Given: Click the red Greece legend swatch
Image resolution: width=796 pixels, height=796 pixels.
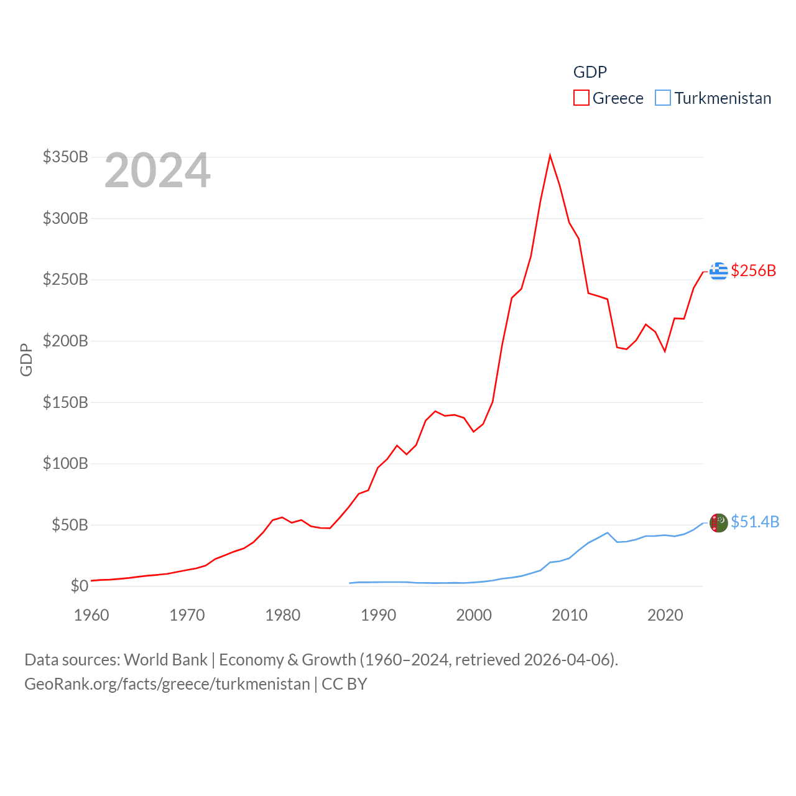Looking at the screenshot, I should coord(581,98).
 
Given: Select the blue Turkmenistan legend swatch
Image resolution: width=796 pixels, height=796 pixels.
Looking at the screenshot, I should coord(663,98).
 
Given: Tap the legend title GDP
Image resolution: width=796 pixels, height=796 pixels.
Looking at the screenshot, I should coord(590,72).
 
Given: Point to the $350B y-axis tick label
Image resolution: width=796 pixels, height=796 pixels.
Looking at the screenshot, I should coord(65,157).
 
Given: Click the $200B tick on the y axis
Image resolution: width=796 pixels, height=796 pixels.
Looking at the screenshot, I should coord(65,341).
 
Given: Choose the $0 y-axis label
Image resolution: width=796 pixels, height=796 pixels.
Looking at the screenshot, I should coord(79,586).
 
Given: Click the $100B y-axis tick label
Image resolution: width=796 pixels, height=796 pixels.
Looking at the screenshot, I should coord(65,463).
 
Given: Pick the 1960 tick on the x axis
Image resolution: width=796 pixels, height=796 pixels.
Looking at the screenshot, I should coord(91,615).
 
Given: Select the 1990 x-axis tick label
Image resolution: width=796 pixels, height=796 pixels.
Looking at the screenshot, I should coord(378,615).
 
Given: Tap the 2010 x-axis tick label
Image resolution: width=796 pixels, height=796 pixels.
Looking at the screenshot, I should coord(570,615).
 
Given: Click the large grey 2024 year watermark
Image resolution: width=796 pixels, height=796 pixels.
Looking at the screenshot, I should coord(157,170).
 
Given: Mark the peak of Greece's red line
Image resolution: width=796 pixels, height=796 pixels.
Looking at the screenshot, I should coord(550,155).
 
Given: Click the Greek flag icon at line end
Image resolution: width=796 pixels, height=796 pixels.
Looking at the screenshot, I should coord(718,271).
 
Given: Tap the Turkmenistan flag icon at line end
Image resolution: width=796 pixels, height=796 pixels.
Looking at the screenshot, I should coord(718,523).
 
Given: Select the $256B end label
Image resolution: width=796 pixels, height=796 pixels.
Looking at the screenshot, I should coord(754,271).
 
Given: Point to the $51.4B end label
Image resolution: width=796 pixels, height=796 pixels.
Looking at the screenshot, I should coord(755,522).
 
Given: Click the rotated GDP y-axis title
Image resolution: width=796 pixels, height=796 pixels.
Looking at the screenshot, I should coord(26,359).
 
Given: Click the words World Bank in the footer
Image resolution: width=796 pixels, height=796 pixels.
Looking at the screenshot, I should coord(165,659).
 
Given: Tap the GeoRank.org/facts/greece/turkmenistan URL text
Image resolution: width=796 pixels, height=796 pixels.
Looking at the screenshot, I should coord(167,684).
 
